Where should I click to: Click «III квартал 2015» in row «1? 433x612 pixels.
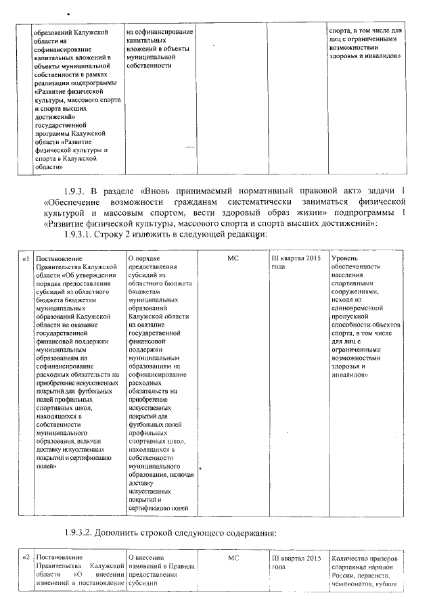click(296, 259)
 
